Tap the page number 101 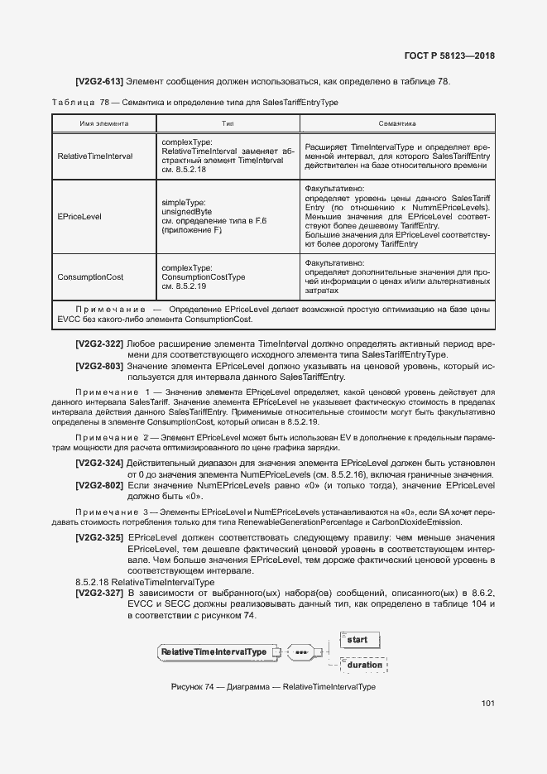(487, 704)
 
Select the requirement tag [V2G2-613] (99, 81)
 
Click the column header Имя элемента (103, 123)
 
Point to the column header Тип (228, 123)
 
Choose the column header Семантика (397, 123)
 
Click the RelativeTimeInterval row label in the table (95, 156)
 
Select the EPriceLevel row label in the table (79, 216)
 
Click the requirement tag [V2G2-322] (99, 344)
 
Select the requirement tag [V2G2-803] (99, 365)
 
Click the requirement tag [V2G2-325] (99, 538)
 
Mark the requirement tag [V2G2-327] (99, 593)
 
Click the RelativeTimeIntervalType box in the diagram (214, 652)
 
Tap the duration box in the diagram (364, 665)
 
